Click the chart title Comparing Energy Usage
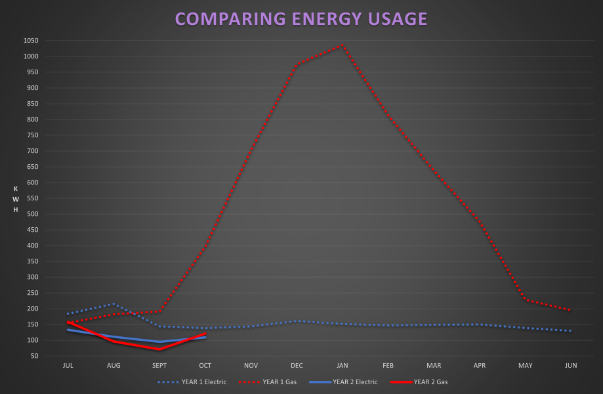[301, 18]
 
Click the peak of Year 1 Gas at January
[342, 45]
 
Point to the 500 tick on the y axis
[32, 214]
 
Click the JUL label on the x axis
[68, 365]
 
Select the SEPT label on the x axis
[159, 365]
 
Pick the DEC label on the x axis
[297, 365]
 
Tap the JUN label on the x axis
[571, 365]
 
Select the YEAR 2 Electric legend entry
[355, 382]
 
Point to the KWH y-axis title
[16, 199]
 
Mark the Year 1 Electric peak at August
[114, 304]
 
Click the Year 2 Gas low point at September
[159, 349]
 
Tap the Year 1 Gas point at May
[525, 299]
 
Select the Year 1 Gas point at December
[297, 65]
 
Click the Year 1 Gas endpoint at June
[571, 310]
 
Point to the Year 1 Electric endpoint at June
[571, 331]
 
